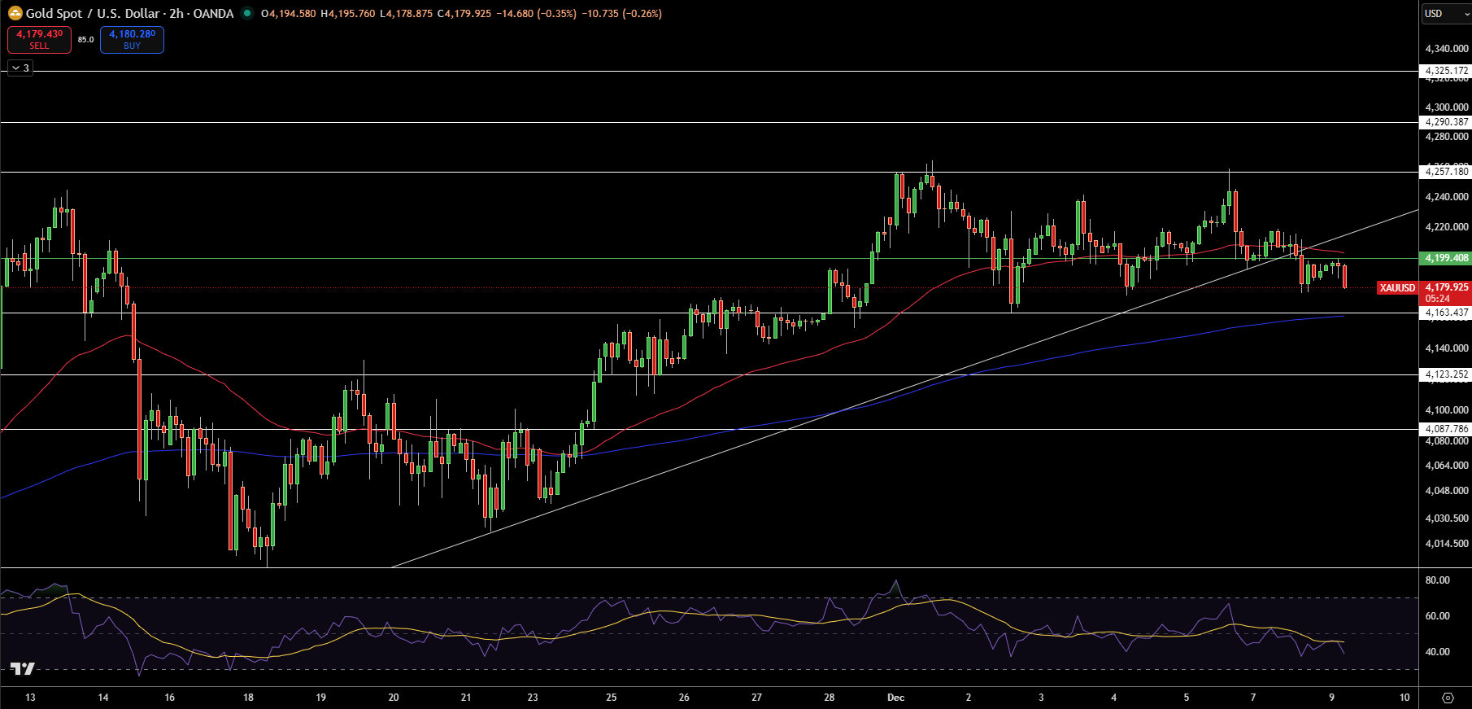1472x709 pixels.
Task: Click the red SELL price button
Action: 39,39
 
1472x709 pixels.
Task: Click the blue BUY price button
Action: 132,39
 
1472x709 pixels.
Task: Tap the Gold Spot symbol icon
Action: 15,13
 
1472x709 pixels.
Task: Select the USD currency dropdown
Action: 1445,13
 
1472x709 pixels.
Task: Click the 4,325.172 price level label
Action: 1447,71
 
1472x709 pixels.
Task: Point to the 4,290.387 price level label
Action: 1447,122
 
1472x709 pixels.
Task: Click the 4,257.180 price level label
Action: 1447,172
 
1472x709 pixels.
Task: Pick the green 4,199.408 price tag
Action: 1447,258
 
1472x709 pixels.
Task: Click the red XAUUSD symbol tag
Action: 1397,288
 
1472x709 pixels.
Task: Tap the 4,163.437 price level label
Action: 1447,313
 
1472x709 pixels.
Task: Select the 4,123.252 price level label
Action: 1447,374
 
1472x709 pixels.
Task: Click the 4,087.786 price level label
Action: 1447,429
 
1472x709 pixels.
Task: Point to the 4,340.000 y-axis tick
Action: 1447,49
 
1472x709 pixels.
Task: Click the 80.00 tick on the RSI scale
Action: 1437,580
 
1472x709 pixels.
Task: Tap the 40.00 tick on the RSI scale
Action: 1437,652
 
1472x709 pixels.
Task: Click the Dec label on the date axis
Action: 895,698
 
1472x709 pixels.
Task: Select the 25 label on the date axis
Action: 612,698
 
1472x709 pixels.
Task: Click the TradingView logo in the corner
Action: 22,669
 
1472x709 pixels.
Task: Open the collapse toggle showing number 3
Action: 20,68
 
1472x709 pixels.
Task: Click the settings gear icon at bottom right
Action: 1448,698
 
